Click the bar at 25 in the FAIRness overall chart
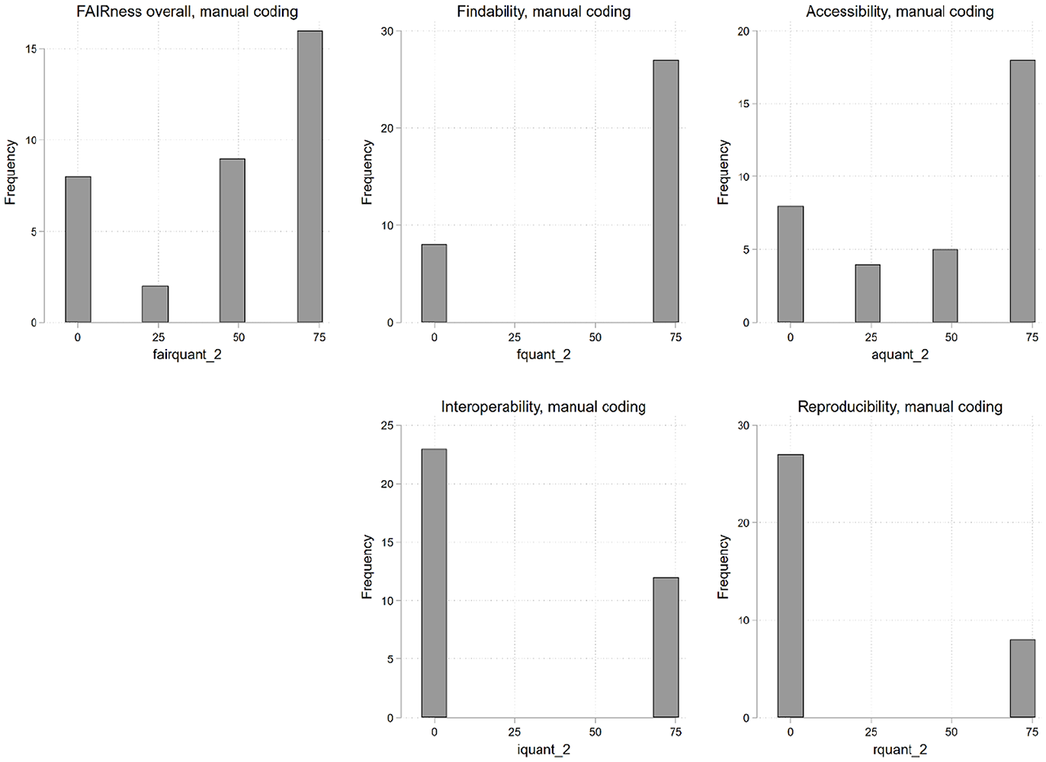pos(155,304)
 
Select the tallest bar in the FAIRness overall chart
pos(310,176)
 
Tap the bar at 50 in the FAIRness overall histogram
pos(233,240)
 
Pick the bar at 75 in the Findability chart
pos(666,191)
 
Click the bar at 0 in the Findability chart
pos(435,283)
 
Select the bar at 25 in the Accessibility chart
pos(868,293)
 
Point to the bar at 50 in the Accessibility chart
pos(945,286)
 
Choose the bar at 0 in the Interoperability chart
pos(435,583)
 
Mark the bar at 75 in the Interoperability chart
pos(666,648)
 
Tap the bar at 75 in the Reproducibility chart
pos(1022,678)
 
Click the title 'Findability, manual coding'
pos(544,11)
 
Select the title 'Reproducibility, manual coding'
pos(900,406)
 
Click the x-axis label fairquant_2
pos(187,354)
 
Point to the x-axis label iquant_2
pos(544,749)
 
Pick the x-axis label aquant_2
pos(900,354)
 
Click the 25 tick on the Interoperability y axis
pos(387,425)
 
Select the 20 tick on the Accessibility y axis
pos(743,31)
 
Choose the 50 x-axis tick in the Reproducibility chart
pos(951,732)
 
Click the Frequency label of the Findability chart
pos(367,172)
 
